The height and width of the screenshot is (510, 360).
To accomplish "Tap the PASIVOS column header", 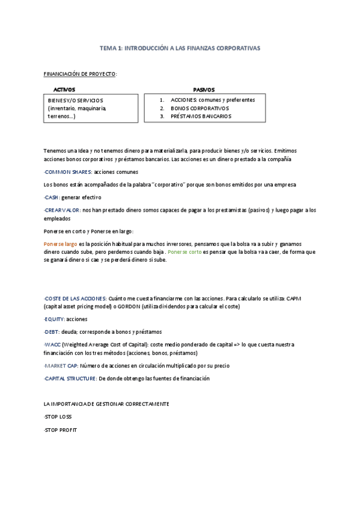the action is tap(204, 89).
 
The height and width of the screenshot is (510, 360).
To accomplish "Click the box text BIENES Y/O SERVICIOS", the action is tap(76, 100).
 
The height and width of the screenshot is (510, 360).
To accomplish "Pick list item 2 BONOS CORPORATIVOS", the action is tap(200, 108).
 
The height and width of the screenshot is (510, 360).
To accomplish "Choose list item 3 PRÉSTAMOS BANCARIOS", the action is tap(201, 116).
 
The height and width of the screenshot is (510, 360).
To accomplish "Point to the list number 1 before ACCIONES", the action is tap(162, 100).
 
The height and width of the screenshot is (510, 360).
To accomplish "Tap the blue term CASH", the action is tap(52, 197).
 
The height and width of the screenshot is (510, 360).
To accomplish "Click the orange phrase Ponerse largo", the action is tap(61, 244).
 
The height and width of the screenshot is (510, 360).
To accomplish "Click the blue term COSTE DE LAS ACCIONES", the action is tap(76, 298).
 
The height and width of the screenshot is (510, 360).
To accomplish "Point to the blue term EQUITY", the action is tap(55, 319).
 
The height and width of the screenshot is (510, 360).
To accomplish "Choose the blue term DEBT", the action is tap(52, 331).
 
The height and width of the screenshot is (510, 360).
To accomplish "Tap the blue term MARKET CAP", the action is tap(70, 366).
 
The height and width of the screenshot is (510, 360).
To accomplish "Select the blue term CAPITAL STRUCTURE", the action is tap(70, 379).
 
